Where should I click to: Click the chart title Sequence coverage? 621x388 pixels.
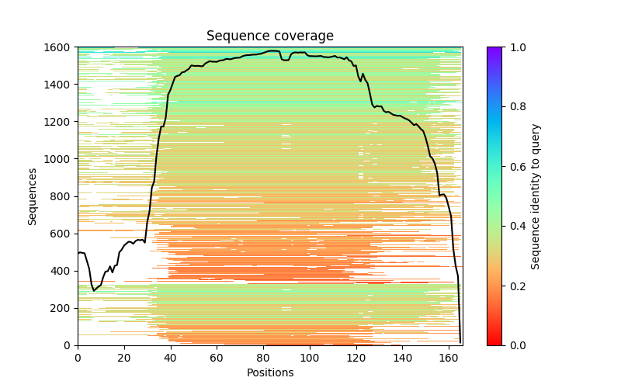point(270,36)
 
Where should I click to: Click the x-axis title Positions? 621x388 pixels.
point(270,372)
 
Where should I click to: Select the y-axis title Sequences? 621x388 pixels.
point(33,196)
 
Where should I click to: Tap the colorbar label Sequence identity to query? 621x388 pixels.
point(536,196)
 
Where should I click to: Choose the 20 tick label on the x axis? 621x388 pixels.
point(124,358)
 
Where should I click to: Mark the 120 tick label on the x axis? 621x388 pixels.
point(356,358)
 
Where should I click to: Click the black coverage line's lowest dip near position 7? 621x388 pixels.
point(94,290)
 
